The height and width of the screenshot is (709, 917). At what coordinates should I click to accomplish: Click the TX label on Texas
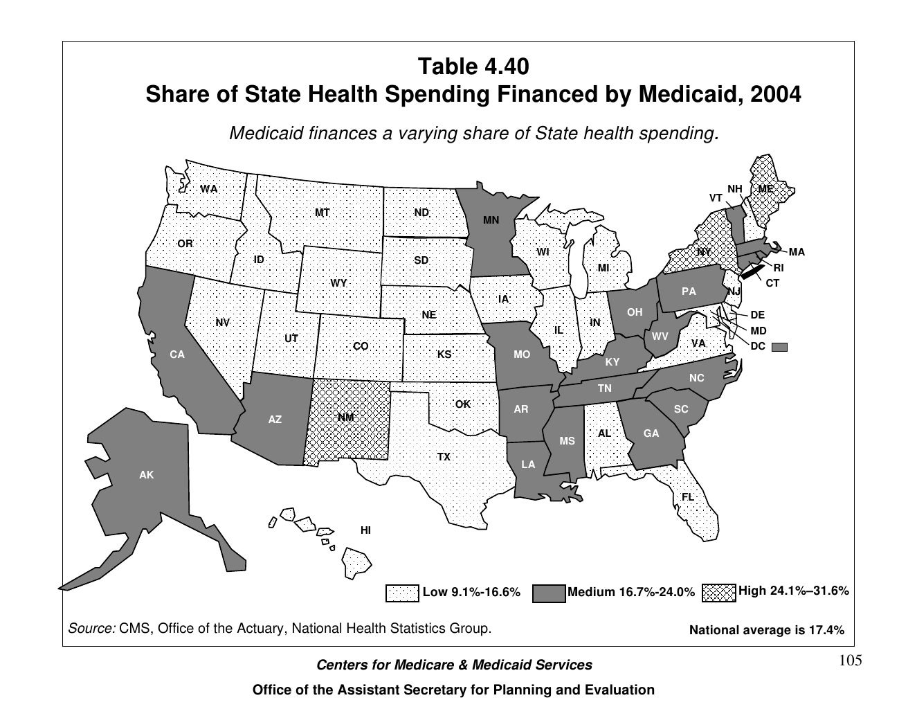[444, 457]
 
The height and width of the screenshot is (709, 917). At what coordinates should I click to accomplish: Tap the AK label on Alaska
[146, 475]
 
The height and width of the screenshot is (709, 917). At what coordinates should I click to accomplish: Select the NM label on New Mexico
[345, 418]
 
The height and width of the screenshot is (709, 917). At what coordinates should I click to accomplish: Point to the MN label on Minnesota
[491, 221]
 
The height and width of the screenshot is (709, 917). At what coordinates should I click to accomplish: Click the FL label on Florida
[687, 497]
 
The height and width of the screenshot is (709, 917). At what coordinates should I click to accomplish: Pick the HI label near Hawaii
[365, 530]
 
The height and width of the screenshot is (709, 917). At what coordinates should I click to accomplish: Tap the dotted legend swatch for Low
[402, 593]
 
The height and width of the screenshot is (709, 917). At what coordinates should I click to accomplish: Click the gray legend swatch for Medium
[548, 593]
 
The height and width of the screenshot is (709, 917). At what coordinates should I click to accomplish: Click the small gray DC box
[779, 347]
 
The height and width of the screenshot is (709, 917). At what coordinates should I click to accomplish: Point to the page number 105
[851, 661]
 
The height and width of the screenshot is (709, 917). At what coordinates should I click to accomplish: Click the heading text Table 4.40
[473, 67]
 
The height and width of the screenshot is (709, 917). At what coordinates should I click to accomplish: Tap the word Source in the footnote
[91, 629]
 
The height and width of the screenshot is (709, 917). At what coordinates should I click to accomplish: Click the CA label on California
[177, 354]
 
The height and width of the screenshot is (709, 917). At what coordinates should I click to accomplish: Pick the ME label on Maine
[765, 188]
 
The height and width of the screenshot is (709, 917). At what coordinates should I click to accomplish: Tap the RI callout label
[779, 268]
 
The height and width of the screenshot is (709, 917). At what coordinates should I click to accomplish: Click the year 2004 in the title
[774, 93]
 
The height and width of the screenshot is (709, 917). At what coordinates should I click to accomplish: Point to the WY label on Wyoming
[338, 283]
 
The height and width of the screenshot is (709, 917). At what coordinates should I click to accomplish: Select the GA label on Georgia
[651, 433]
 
